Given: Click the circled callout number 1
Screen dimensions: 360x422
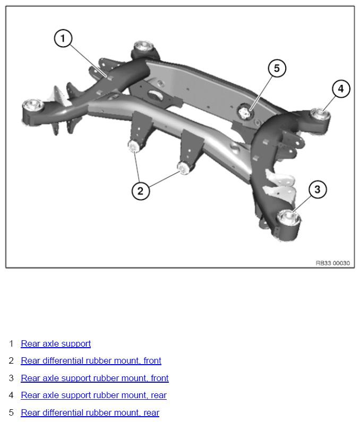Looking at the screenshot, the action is pyautogui.click(x=63, y=39).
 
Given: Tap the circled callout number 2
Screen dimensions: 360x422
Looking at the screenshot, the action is pyautogui.click(x=141, y=191).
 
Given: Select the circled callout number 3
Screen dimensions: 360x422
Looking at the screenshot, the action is pyautogui.click(x=318, y=189).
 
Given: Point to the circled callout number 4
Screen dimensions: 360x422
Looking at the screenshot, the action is pyautogui.click(x=341, y=89).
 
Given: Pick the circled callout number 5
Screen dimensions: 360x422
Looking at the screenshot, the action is pyautogui.click(x=277, y=68).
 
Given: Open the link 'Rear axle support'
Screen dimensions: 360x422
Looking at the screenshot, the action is pyautogui.click(x=56, y=343).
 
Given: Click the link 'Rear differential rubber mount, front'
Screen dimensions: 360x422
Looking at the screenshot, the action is pyautogui.click(x=91, y=360).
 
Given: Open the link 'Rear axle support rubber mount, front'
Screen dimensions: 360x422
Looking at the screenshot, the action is pyautogui.click(x=95, y=378).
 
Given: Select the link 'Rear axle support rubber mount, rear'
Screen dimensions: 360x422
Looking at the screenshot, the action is pyautogui.click(x=93, y=395).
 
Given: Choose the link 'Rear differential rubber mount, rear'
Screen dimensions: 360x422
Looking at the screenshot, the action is pyautogui.click(x=90, y=412).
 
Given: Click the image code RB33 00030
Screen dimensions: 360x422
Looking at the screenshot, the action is pyautogui.click(x=333, y=263).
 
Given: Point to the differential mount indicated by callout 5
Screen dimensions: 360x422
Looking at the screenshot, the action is pyautogui.click(x=245, y=112).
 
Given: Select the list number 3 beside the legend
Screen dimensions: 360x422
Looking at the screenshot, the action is pyautogui.click(x=11, y=378).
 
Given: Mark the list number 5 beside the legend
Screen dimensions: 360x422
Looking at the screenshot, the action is pyautogui.click(x=11, y=412).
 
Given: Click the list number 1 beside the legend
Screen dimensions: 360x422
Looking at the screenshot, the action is pyautogui.click(x=11, y=343).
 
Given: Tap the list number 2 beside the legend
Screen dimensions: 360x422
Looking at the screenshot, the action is pyautogui.click(x=11, y=360).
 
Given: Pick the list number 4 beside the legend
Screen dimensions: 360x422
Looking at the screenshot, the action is pyautogui.click(x=11, y=395).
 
